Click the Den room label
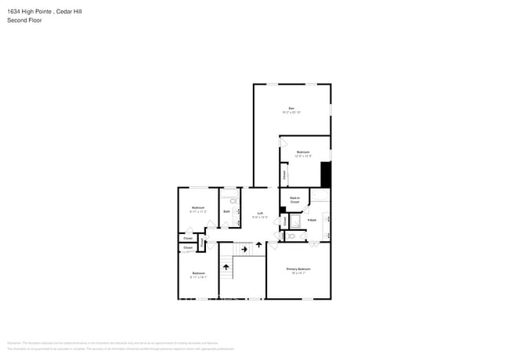click(x=291, y=108)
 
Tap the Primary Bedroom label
click(x=298, y=268)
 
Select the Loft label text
click(x=259, y=213)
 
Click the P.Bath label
click(x=312, y=220)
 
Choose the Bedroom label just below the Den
click(x=303, y=152)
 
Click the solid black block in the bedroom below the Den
click(x=326, y=174)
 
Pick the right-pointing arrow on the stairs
click(x=244, y=250)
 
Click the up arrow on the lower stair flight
click(x=227, y=267)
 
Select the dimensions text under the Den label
click(x=291, y=113)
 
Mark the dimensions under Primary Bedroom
click(x=298, y=273)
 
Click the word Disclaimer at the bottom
click(x=13, y=342)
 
